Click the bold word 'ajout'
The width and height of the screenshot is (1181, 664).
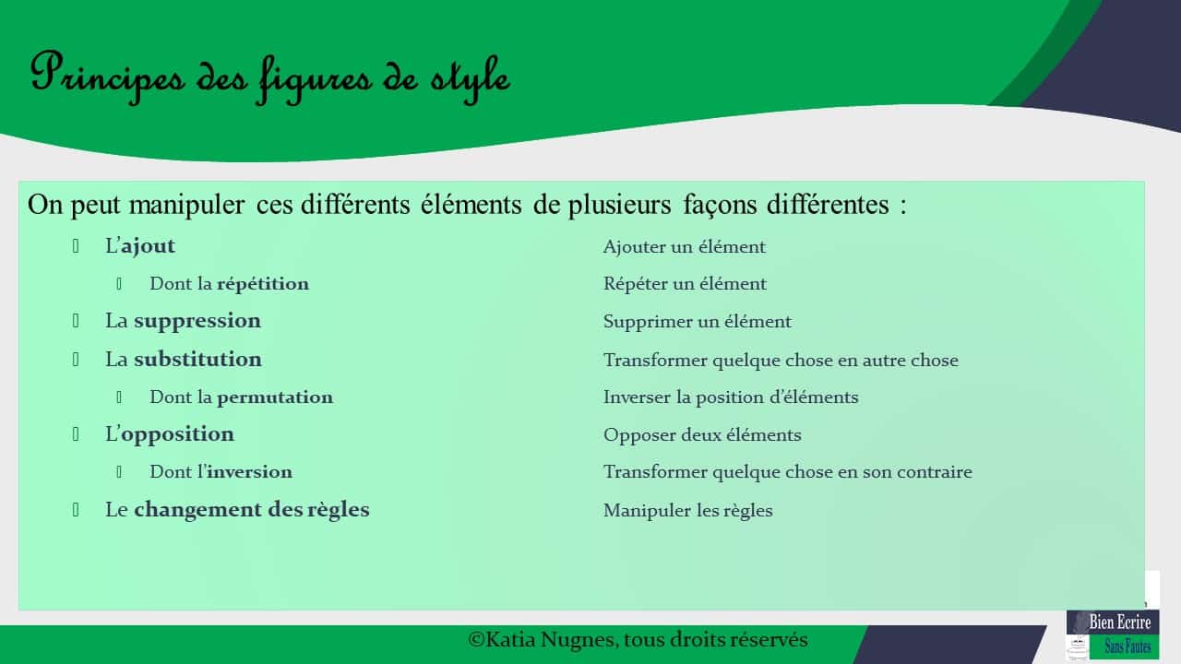tap(148, 246)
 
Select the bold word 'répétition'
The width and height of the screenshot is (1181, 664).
tap(263, 284)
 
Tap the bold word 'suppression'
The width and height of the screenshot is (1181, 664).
tap(197, 321)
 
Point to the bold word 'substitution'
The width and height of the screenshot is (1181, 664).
tap(197, 359)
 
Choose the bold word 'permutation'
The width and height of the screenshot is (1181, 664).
tap(275, 397)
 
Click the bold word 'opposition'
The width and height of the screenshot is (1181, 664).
tap(177, 434)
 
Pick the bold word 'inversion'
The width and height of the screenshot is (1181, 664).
tap(250, 472)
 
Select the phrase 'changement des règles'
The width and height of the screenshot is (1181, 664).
tap(251, 510)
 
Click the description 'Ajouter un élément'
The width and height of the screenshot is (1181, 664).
tap(685, 247)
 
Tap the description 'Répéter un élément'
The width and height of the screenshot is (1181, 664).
tap(685, 284)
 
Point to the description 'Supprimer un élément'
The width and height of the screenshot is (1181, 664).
tap(698, 322)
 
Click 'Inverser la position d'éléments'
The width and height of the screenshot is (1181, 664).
tap(731, 397)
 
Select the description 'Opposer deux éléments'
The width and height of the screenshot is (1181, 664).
tap(702, 435)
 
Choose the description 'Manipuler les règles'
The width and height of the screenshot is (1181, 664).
tap(688, 511)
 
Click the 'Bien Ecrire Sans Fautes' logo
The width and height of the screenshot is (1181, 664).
tap(1113, 634)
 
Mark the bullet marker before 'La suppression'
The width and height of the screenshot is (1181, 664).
tap(77, 321)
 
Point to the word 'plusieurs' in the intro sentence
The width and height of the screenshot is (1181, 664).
tap(614, 205)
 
